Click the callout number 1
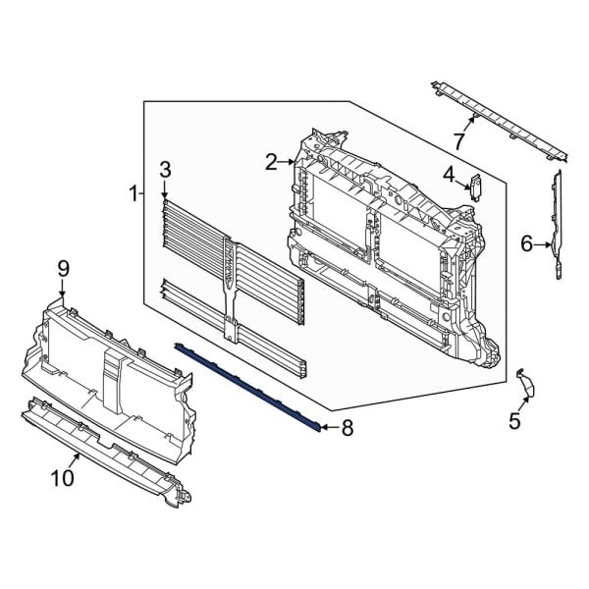pos(134,193)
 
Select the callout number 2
pos(271,161)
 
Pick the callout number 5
pos(513,422)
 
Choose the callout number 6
pos(526,243)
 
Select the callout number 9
pos(63,267)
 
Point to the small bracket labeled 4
pos(476,186)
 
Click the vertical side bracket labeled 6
pos(558,226)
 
